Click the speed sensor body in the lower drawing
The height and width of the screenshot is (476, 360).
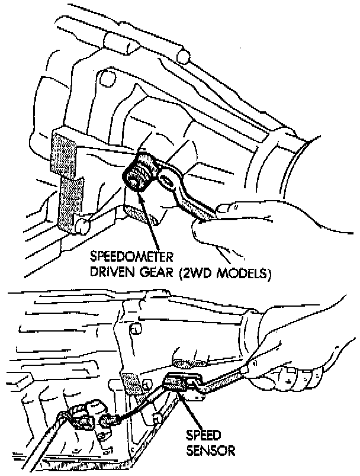[177, 384]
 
